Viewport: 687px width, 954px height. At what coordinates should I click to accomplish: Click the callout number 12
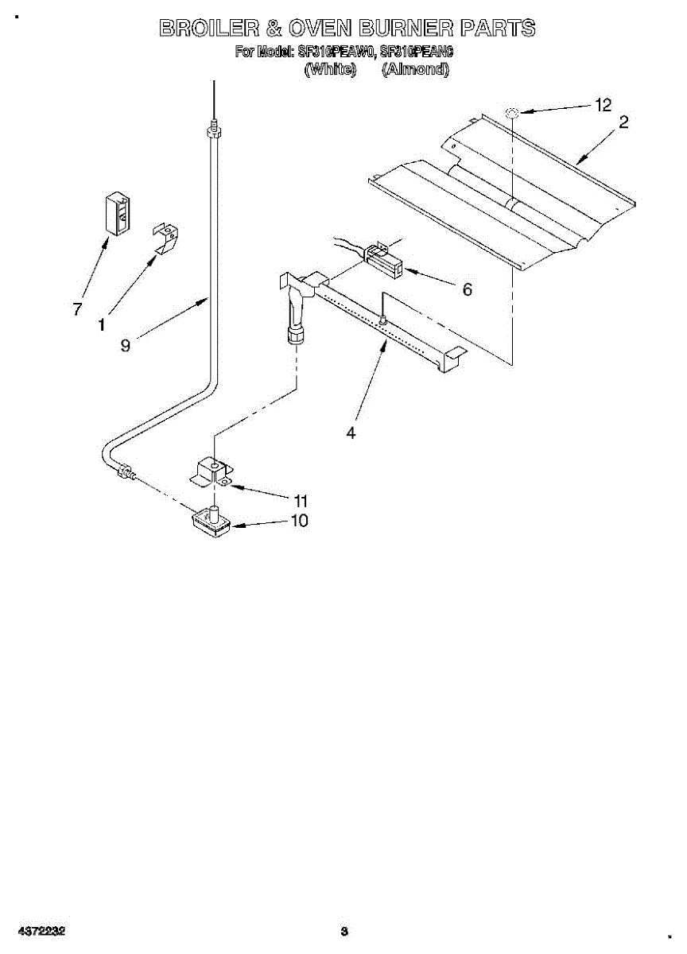604,105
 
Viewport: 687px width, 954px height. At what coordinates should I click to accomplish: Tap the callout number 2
624,122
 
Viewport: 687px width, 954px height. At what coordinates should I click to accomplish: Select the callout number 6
468,289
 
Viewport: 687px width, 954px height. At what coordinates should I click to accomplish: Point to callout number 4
351,432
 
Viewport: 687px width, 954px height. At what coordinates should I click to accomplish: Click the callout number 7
77,309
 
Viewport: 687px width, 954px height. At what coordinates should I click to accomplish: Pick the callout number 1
102,324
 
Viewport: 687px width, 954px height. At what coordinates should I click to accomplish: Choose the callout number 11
300,501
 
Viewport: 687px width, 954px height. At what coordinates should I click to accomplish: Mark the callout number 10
300,521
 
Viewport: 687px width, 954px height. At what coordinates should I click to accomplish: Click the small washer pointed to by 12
513,114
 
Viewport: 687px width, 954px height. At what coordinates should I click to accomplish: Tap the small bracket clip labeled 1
166,238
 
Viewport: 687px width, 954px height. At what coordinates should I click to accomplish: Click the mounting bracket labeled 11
211,472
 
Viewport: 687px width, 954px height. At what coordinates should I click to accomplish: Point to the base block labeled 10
211,522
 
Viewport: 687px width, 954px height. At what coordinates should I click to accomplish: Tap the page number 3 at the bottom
343,931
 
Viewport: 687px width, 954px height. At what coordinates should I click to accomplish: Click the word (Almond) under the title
415,69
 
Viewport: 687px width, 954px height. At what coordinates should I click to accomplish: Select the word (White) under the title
330,69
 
